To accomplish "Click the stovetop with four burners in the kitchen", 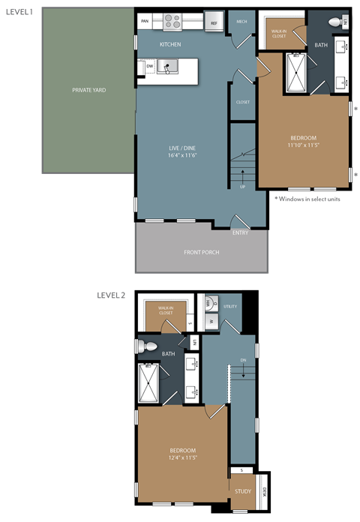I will coord(172,22).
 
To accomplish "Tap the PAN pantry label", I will coord(145,22).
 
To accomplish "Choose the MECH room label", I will coord(241,22).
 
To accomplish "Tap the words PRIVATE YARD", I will coord(88,90).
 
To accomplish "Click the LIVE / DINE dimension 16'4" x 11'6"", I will coord(182,155).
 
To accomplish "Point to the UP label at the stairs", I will coord(242,186).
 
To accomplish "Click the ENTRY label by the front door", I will coord(240,232).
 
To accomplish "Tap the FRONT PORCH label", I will coord(201,252).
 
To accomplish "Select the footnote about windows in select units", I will coord(307,199).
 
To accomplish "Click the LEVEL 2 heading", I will coord(111,295).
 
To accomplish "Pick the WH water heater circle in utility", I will coord(210,304).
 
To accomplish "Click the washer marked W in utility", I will coord(210,322).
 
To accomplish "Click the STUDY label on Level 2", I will coord(242,491).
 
